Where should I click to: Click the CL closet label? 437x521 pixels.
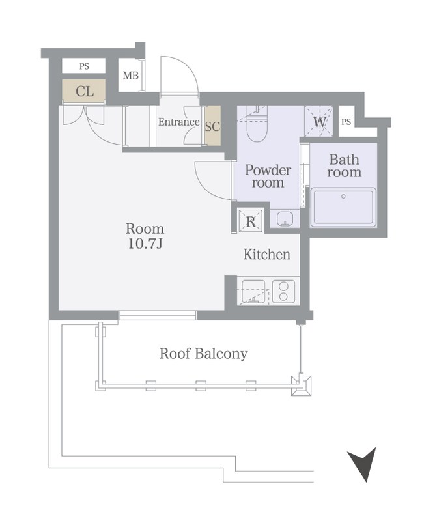click(85, 91)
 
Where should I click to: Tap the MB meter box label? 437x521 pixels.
click(131, 76)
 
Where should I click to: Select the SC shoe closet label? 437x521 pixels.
click(213, 126)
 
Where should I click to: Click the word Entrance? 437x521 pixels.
click(179, 122)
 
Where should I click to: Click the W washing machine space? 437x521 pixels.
click(318, 121)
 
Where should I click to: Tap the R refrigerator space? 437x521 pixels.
click(251, 221)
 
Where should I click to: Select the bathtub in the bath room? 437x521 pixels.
click(343, 207)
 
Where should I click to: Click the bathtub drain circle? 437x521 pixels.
click(343, 197)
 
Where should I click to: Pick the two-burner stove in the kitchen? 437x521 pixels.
click(283, 292)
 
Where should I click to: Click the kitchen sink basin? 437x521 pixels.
click(253, 292)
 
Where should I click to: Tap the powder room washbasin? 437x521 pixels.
click(285, 219)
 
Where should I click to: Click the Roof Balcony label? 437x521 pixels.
click(204, 354)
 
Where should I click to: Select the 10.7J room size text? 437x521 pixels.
click(145, 244)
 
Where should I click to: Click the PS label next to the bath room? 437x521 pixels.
click(346, 122)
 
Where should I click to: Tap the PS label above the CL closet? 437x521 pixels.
click(84, 66)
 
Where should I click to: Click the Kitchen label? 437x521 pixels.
click(267, 255)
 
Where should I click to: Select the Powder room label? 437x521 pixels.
click(268, 176)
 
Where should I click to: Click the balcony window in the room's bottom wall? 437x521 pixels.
click(158, 315)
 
